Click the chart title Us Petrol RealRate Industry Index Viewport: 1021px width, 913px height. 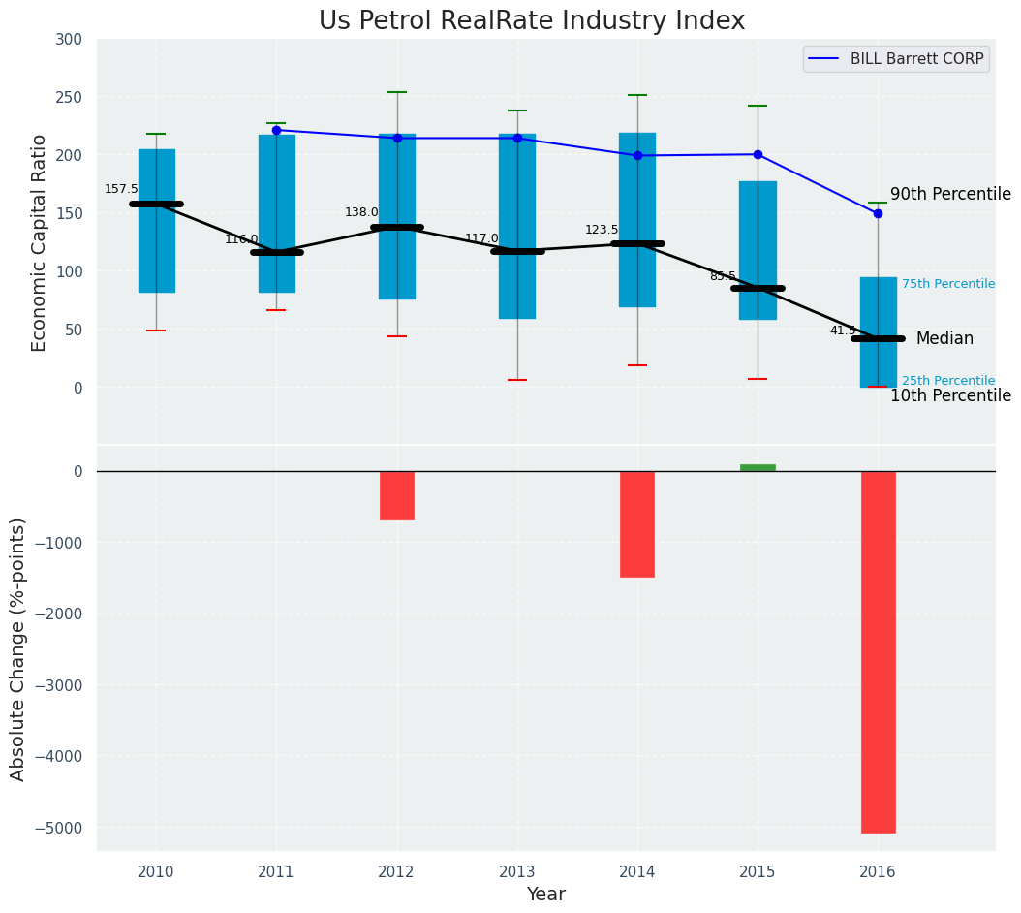point(532,21)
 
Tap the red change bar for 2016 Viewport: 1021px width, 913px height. point(878,651)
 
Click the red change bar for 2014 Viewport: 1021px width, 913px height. point(637,523)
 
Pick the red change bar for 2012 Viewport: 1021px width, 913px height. point(397,495)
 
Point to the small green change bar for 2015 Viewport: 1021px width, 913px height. point(758,468)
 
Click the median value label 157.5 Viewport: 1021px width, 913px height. point(121,189)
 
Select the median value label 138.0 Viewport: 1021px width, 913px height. point(361,212)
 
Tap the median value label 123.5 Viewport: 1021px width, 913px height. point(602,230)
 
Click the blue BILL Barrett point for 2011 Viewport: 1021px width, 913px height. point(276,130)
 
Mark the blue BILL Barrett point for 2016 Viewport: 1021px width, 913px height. point(878,213)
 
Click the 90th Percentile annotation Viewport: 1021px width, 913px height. point(950,194)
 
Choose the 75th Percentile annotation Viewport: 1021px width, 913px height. point(947,284)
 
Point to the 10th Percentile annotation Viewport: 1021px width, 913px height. point(950,395)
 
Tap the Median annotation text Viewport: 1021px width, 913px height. point(944,338)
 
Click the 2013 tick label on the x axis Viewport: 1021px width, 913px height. point(517,872)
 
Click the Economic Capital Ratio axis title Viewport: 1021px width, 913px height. point(40,243)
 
